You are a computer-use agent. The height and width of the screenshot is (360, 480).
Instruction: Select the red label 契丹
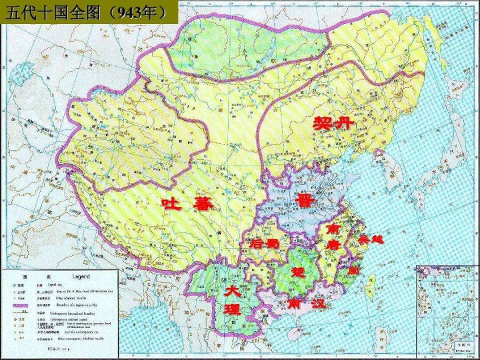[333, 122]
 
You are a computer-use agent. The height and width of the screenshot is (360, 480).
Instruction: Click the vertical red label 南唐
[332, 237]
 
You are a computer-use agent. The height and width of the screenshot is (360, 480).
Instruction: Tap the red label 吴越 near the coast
[370, 239]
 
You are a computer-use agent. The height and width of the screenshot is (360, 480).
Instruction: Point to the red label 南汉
[306, 303]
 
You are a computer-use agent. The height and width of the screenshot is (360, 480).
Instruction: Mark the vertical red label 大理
[232, 300]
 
